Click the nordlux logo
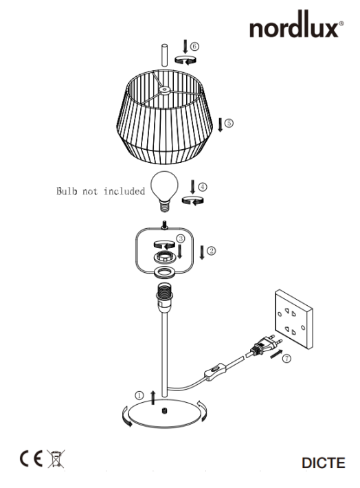click(x=297, y=25)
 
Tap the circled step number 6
click(x=194, y=46)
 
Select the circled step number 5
click(x=229, y=123)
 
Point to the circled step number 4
click(x=203, y=187)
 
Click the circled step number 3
click(x=181, y=239)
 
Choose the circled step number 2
click(x=212, y=251)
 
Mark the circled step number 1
click(x=139, y=396)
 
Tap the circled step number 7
click(x=286, y=359)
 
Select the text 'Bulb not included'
click(x=100, y=191)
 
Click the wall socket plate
click(x=294, y=320)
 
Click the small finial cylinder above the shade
click(x=164, y=56)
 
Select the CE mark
click(x=31, y=458)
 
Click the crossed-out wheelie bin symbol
click(x=56, y=458)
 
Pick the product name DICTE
click(x=324, y=463)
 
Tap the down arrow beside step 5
click(x=221, y=125)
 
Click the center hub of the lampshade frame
click(x=164, y=90)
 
